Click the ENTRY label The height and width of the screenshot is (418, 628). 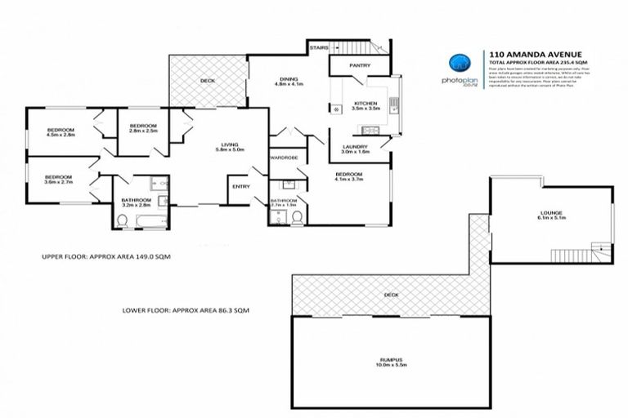pyautogui.click(x=241, y=187)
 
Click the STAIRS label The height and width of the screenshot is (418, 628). pyautogui.click(x=320, y=48)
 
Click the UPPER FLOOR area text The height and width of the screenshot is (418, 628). pyautogui.click(x=105, y=256)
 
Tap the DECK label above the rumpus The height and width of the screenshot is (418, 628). pyautogui.click(x=391, y=295)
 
